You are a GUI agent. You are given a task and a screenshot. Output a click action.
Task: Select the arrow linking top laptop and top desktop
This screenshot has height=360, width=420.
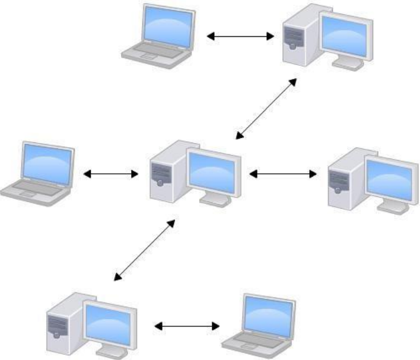click(240, 37)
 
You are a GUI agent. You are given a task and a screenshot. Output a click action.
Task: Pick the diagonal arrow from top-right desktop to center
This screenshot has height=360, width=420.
click(266, 108)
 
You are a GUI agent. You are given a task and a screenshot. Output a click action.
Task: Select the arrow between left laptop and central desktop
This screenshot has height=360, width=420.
click(111, 174)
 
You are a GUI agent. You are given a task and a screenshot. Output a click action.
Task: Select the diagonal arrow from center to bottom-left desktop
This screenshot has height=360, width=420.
click(145, 249)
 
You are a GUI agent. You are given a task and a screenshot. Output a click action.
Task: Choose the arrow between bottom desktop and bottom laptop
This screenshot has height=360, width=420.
click(187, 326)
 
